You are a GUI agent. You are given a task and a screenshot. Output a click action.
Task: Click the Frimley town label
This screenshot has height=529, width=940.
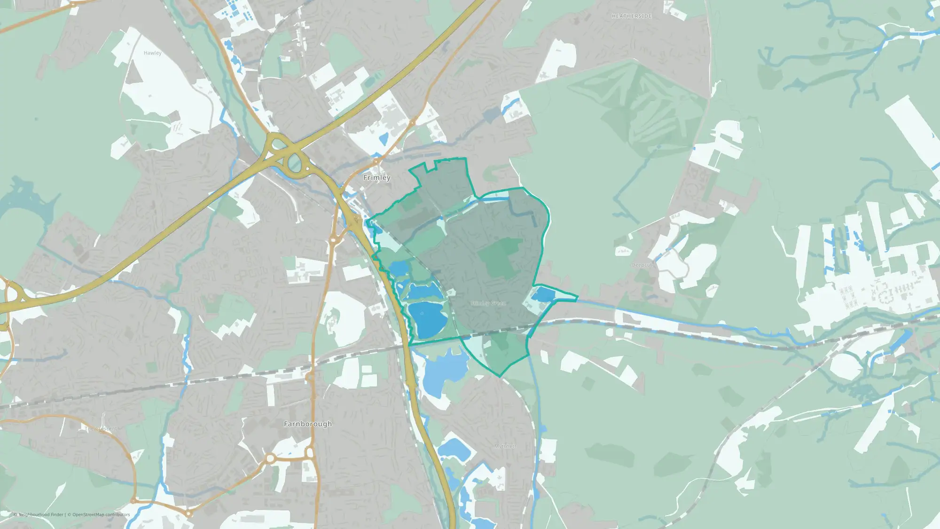tap(376, 178)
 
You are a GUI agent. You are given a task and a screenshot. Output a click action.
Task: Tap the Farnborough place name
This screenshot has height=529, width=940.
tap(308, 424)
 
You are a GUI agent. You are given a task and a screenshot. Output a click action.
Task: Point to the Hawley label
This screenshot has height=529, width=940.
tap(152, 53)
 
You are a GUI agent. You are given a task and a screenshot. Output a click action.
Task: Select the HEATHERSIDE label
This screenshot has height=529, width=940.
tap(632, 16)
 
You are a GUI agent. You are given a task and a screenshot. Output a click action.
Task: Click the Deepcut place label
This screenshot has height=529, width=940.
tap(642, 265)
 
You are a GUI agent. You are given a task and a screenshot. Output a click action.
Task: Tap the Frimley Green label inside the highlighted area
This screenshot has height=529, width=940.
tap(488, 303)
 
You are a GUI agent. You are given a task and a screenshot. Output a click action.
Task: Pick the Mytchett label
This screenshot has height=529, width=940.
tap(505, 446)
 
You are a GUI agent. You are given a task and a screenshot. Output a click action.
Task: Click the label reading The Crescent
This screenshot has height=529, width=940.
tap(101, 428)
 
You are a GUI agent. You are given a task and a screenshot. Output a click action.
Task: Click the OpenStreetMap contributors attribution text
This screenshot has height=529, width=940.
tap(101, 514)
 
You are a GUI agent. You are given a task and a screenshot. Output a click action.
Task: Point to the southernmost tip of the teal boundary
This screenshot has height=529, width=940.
tap(500, 376)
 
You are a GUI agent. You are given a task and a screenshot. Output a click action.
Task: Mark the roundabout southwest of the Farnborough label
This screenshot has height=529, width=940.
tap(270, 458)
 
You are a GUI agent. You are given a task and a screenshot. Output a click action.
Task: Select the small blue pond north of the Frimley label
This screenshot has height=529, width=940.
tap(383, 139)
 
